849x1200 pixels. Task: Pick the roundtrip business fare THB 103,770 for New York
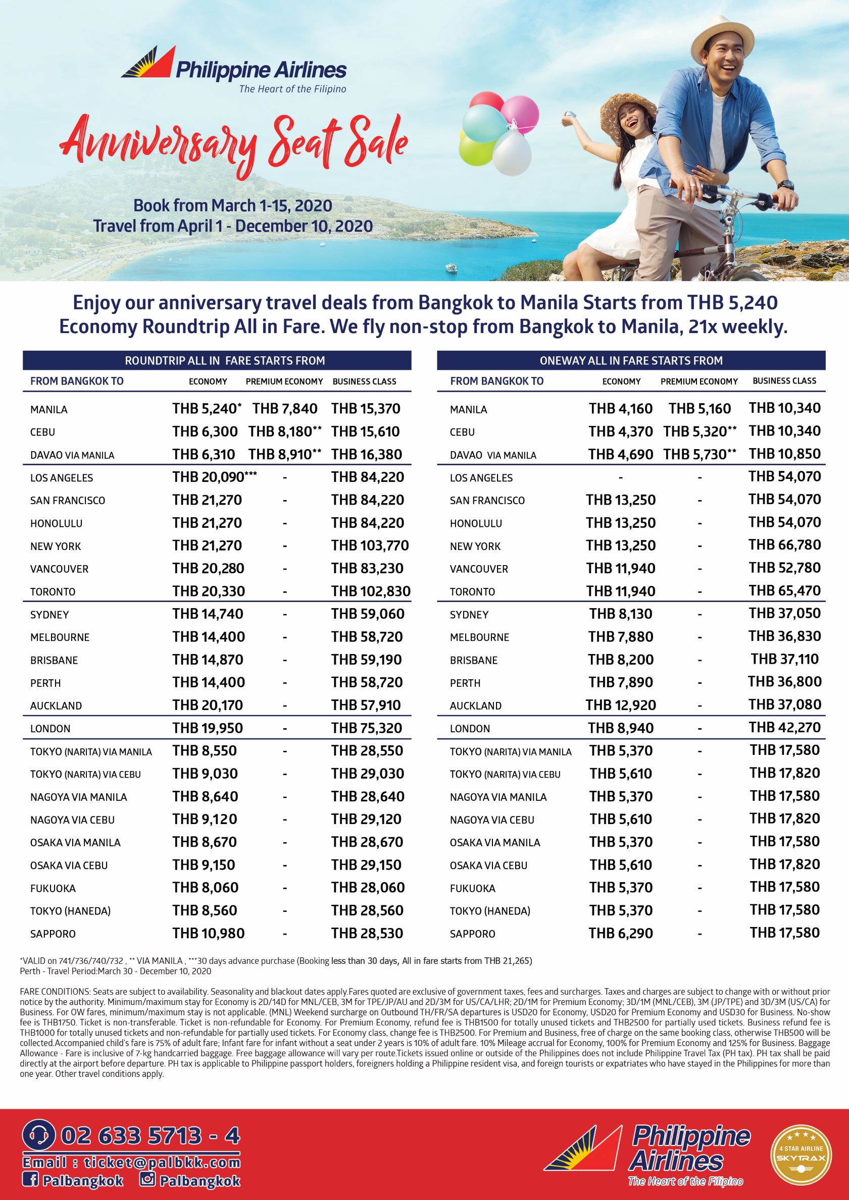click(x=370, y=546)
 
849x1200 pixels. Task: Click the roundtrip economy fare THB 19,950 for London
click(x=208, y=728)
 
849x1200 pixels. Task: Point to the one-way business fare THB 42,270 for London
click(x=785, y=728)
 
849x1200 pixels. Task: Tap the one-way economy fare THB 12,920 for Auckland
click(x=620, y=705)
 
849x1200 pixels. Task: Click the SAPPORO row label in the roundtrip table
click(x=53, y=934)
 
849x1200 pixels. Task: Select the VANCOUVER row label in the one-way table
click(x=479, y=569)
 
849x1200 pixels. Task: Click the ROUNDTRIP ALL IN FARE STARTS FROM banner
click(x=217, y=361)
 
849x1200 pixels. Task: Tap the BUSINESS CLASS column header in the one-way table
click(x=784, y=381)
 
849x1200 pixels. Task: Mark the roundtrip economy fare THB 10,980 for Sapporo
click(x=208, y=934)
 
